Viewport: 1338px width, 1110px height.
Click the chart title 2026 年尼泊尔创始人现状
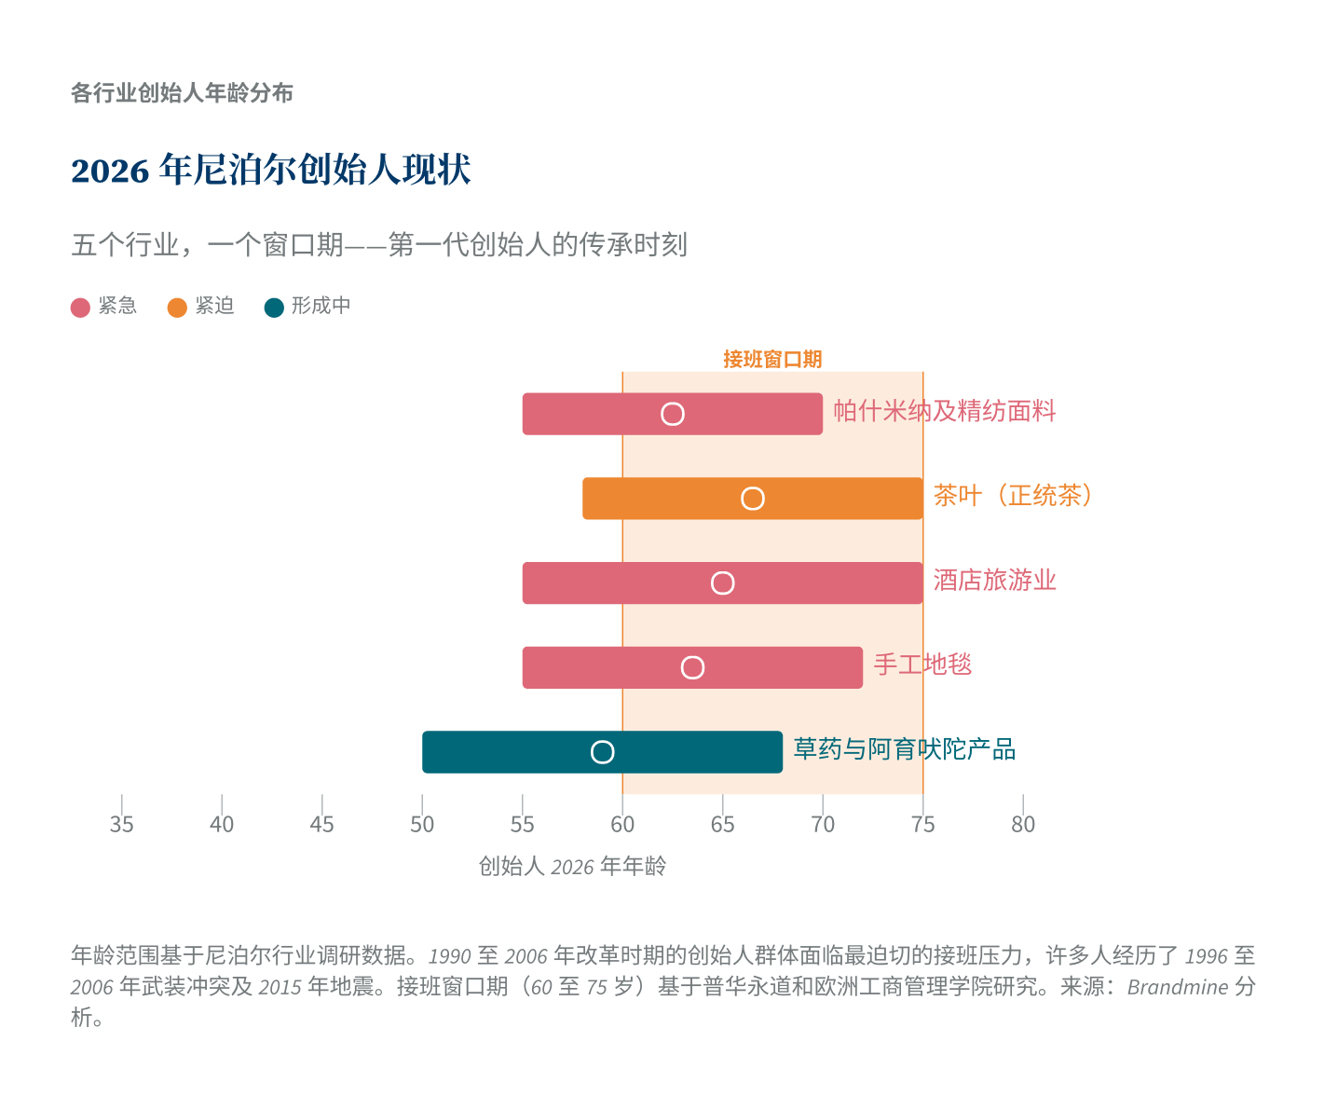pos(271,171)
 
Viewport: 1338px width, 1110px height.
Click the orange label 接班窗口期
pos(772,360)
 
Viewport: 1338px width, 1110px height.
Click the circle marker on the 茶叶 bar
pos(753,499)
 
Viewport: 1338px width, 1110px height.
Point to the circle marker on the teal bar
pos(603,752)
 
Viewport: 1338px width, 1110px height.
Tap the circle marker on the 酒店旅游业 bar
pos(723,583)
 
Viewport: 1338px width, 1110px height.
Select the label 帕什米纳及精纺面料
pos(944,411)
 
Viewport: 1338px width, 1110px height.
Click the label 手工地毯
pos(922,665)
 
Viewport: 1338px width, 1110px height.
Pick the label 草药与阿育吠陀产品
pos(904,749)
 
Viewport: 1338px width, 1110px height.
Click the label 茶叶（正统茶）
pos(1014,496)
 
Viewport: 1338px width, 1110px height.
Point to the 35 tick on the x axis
pos(121,825)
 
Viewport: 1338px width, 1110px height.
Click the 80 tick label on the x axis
pos(1023,825)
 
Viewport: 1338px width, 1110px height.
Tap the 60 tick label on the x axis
pos(622,825)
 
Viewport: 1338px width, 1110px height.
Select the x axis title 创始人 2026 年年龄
pos(572,867)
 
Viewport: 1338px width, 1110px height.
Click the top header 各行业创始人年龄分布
pos(182,93)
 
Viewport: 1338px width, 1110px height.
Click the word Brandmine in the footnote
pos(1177,987)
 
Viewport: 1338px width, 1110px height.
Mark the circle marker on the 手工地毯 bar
pos(692,667)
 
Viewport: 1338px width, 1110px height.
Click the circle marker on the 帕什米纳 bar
pos(673,414)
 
